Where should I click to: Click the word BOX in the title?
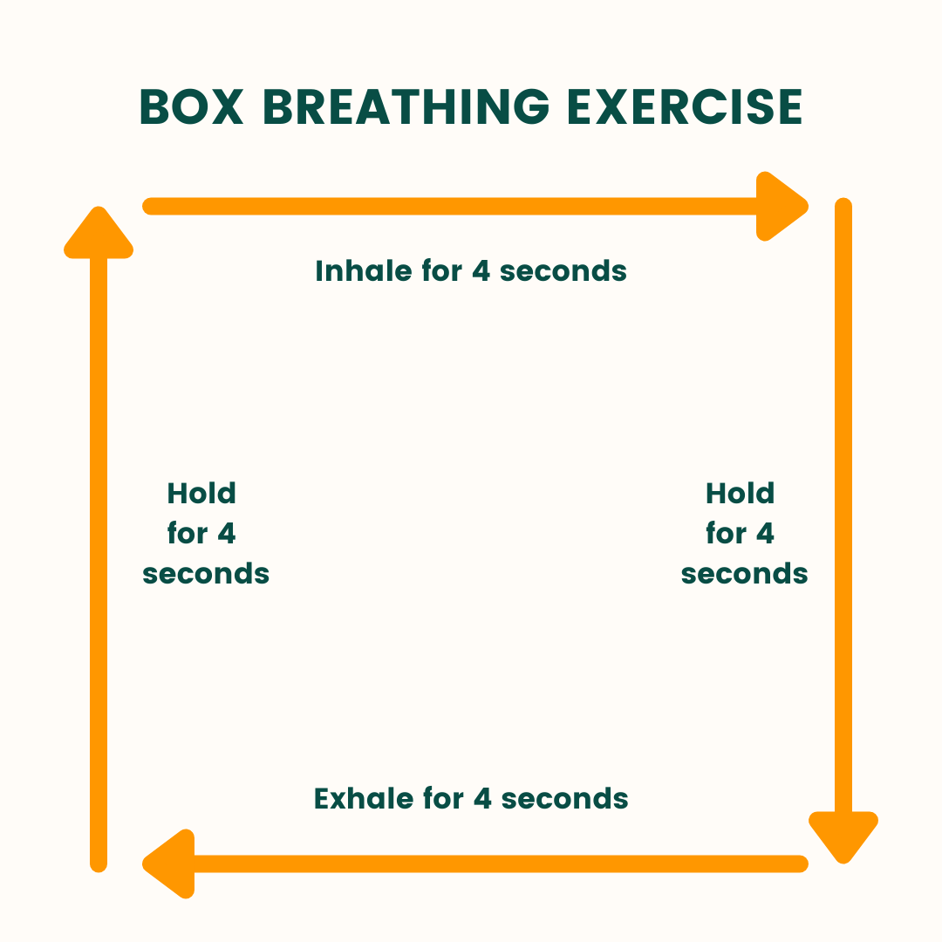[x=192, y=107]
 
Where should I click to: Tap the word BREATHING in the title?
[x=406, y=107]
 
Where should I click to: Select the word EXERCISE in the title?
[x=685, y=107]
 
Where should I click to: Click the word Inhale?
[x=364, y=270]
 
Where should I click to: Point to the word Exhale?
[x=364, y=798]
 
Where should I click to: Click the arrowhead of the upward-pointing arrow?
[x=99, y=233]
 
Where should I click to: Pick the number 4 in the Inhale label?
[x=481, y=271]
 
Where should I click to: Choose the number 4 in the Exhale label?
[x=482, y=799]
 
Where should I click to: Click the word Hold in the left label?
[x=201, y=493]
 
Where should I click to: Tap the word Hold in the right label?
[x=741, y=493]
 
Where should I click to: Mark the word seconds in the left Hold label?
[x=206, y=574]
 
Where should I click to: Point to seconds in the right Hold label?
[x=744, y=574]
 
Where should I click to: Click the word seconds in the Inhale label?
[x=563, y=271]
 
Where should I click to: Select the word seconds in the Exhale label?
[x=564, y=799]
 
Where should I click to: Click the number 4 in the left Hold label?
[x=227, y=534]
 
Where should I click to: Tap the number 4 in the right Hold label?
[x=765, y=534]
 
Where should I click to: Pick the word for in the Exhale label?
[x=443, y=798]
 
